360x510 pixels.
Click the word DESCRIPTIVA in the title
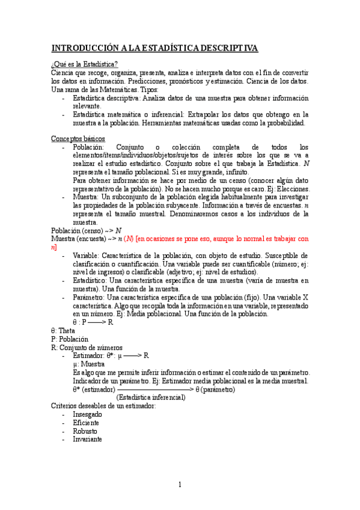[x=224, y=48]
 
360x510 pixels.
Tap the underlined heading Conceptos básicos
[x=78, y=139]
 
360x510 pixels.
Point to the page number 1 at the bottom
[x=180, y=485]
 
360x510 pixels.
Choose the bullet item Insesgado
[x=87, y=414]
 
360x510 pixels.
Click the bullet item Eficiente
[x=85, y=423]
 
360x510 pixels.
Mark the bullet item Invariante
[x=87, y=439]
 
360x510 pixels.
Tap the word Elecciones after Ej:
[x=290, y=188]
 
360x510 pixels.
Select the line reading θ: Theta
[x=64, y=330]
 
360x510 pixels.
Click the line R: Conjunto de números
[x=87, y=347]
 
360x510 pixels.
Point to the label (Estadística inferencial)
[x=151, y=398]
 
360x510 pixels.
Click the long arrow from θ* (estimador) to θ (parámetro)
[x=155, y=389]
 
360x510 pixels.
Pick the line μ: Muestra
[x=88, y=364]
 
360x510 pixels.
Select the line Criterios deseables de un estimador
[x=103, y=406]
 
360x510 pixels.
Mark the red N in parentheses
[x=128, y=239]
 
